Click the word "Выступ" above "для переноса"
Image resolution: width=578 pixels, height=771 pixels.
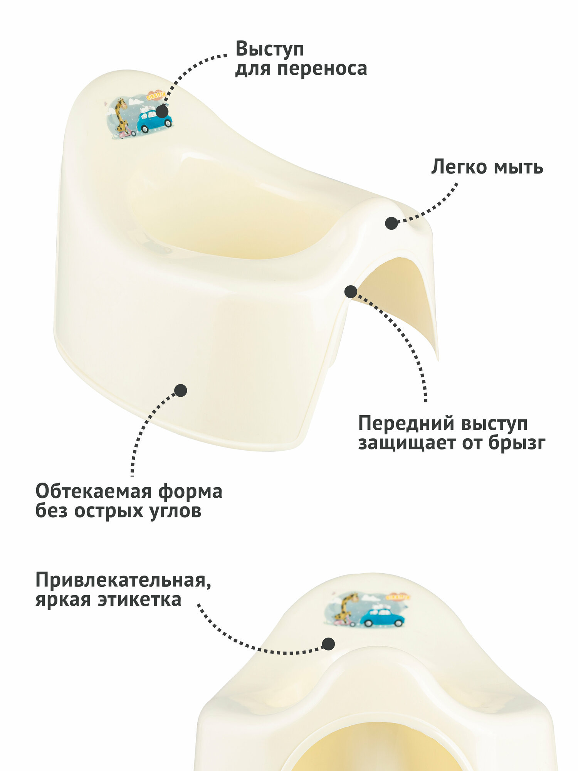270,49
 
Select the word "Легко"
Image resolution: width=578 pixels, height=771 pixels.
459,167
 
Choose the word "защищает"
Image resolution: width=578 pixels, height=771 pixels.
408,443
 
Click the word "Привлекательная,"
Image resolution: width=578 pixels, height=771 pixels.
123,580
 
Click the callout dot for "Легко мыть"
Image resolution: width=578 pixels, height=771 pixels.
391,223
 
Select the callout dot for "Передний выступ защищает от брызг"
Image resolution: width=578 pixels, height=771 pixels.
350,291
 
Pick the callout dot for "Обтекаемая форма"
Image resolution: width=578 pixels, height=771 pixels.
180,391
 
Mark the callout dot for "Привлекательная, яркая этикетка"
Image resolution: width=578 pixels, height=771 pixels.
328,643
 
